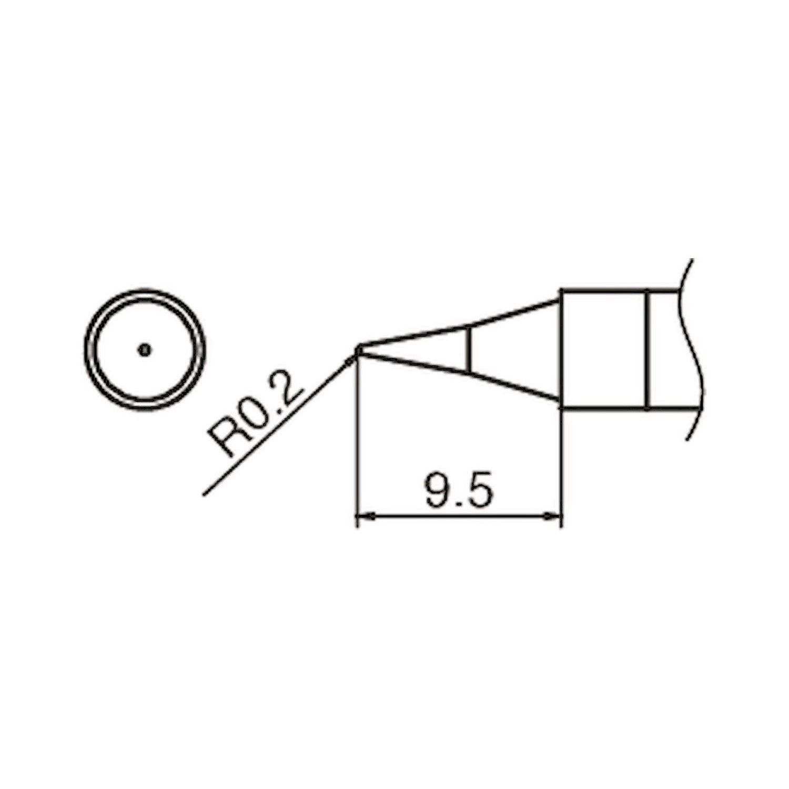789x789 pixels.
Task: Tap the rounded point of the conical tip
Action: pyautogui.click(x=358, y=350)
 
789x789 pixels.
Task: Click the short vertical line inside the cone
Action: pyautogui.click(x=468, y=349)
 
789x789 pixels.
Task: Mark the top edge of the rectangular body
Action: pyautogui.click(x=605, y=290)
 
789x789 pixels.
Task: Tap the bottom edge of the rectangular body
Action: pyautogui.click(x=605, y=408)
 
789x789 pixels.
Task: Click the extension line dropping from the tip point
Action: pyautogui.click(x=358, y=447)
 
